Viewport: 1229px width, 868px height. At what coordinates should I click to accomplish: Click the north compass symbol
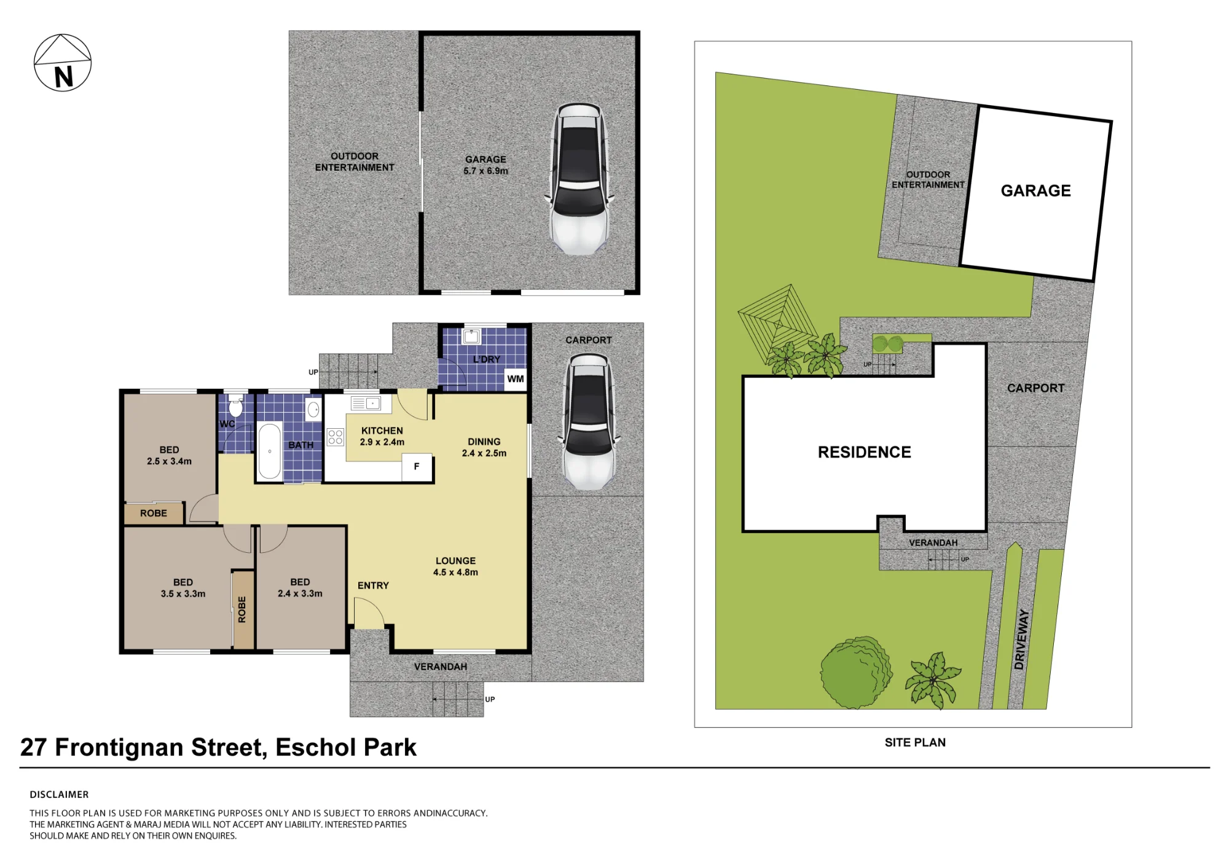[x=63, y=63]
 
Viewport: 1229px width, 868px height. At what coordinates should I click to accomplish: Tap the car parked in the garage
[x=579, y=179]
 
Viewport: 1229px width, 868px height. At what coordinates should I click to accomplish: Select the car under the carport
[x=588, y=422]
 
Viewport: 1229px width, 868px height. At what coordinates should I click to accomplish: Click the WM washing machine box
[x=516, y=379]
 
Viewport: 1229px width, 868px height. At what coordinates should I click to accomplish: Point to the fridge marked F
[x=417, y=467]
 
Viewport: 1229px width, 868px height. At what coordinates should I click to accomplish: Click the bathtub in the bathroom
[x=270, y=451]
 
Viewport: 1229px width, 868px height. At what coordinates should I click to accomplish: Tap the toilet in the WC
[x=235, y=405]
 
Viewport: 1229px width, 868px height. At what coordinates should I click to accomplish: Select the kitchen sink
[x=366, y=403]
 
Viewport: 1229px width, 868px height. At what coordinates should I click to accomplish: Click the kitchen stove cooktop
[x=336, y=437]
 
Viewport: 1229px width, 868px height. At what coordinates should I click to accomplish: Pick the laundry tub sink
[x=471, y=337]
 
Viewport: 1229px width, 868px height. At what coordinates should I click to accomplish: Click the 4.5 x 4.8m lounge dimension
[x=455, y=573]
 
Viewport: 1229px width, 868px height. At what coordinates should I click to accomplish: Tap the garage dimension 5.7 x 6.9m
[x=485, y=171]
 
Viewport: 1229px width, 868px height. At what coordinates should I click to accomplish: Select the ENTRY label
[x=373, y=586]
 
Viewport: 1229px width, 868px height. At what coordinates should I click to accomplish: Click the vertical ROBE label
[x=242, y=609]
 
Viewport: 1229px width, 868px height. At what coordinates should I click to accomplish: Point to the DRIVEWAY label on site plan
[x=1021, y=639]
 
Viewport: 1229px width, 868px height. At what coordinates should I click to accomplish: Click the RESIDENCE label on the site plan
[x=864, y=453]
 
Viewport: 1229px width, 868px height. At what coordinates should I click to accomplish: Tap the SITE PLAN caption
[x=915, y=743]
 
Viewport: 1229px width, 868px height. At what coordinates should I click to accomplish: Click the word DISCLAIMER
[x=59, y=795]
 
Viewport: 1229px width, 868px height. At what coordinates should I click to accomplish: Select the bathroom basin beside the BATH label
[x=313, y=410]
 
